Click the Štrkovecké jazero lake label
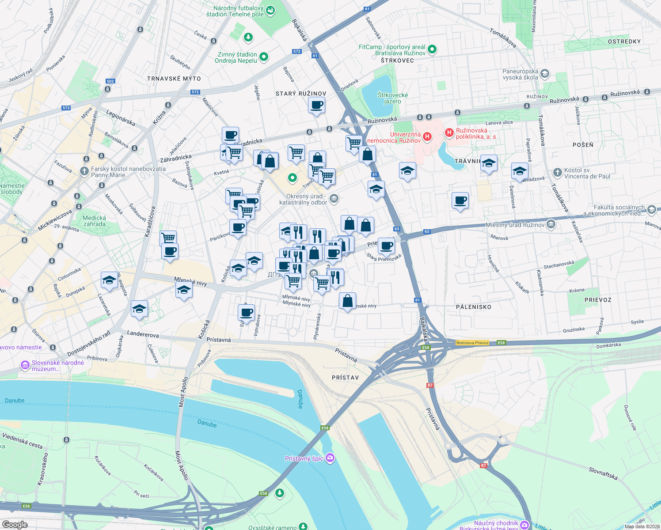point(392,98)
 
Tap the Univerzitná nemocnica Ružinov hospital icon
point(427,136)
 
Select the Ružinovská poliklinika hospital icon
point(449,132)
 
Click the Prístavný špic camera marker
point(330,458)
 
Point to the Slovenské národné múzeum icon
point(25,366)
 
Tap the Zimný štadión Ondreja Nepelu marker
point(264,57)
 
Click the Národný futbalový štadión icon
point(271,10)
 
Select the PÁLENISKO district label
point(473,307)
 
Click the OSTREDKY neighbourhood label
point(624,42)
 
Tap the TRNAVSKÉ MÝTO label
point(174,79)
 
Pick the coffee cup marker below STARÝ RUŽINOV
point(316,106)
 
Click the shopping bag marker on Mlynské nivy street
point(348,301)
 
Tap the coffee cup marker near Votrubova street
point(247,313)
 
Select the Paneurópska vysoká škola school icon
point(545,73)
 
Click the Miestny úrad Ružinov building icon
point(551,224)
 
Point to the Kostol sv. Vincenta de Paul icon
point(558,172)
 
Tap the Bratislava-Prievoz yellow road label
point(472,343)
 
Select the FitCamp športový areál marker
point(432,49)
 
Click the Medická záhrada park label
point(95,221)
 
